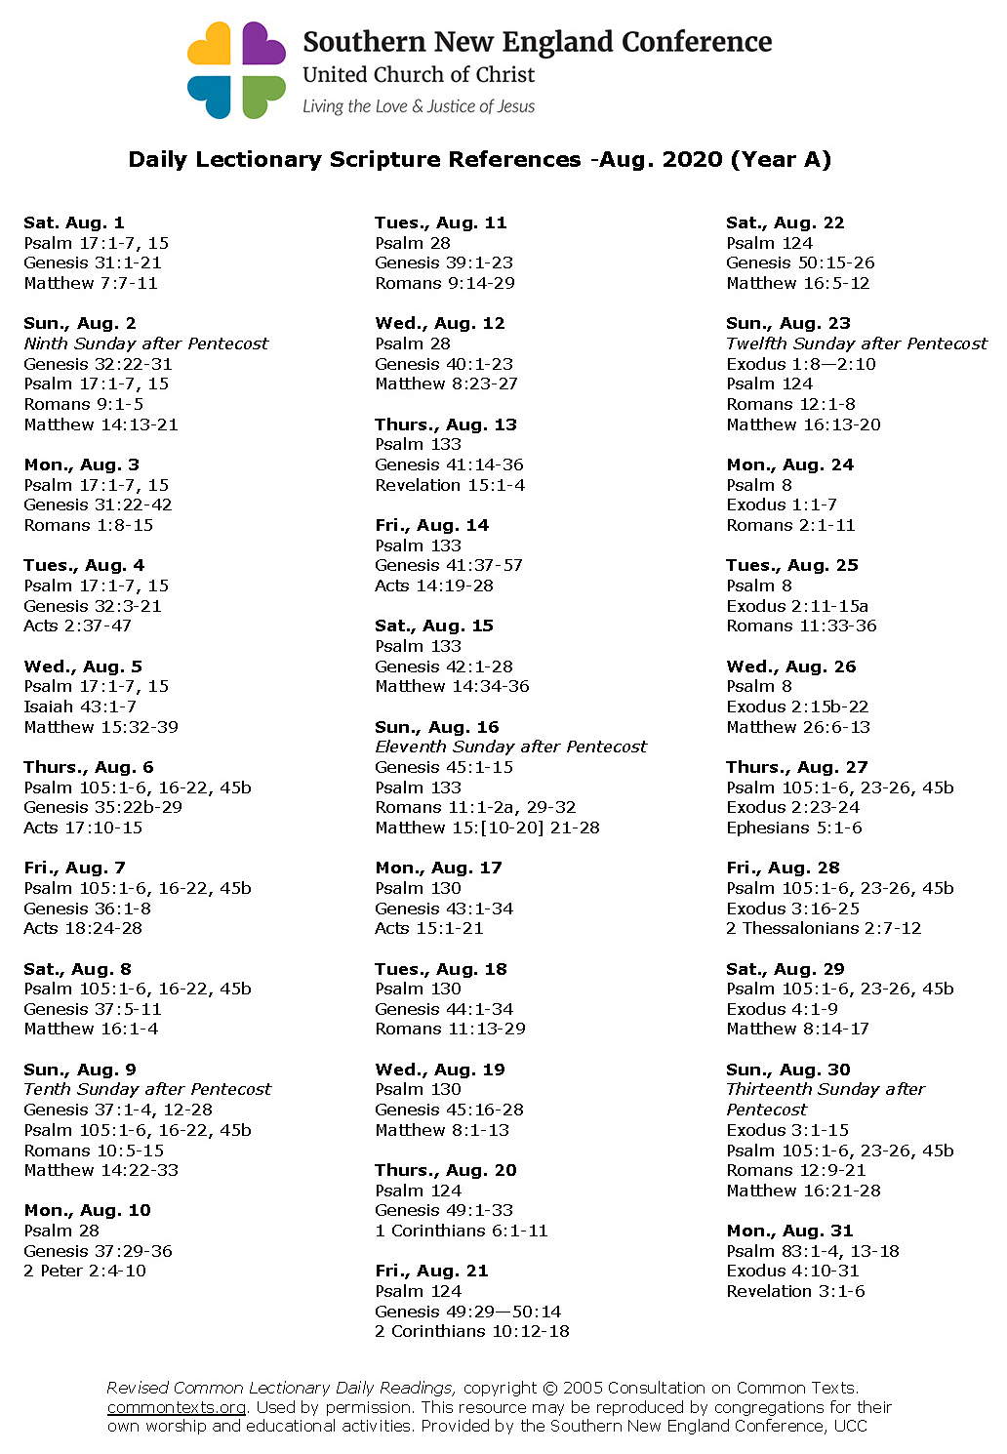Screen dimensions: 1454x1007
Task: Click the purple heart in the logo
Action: [262, 45]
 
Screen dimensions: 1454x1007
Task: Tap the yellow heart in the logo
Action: [210, 45]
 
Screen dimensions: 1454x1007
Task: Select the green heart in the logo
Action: [262, 96]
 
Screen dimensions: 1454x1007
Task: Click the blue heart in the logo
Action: [210, 96]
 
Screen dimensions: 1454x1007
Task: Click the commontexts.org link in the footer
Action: [176, 1407]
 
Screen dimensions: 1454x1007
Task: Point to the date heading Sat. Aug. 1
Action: [74, 222]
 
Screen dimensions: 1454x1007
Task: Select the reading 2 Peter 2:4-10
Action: [85, 1271]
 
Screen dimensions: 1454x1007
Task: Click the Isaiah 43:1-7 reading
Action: [80, 707]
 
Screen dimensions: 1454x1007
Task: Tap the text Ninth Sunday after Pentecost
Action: [145, 343]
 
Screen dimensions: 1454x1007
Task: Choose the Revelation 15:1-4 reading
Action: [450, 485]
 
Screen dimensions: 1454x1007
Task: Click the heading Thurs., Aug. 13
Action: [446, 424]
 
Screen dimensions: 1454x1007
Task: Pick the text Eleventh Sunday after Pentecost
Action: [510, 747]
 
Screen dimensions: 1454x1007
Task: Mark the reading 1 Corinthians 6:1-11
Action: [462, 1231]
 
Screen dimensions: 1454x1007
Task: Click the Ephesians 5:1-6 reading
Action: [794, 828]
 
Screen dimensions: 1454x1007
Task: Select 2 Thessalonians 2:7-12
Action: [824, 928]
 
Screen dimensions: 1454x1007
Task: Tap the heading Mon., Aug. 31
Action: [789, 1231]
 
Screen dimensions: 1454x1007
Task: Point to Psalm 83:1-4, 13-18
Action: [813, 1251]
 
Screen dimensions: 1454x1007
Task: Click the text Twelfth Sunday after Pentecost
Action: [856, 343]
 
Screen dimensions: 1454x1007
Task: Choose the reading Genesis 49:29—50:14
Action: [468, 1312]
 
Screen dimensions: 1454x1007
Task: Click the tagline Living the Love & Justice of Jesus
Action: [419, 106]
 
